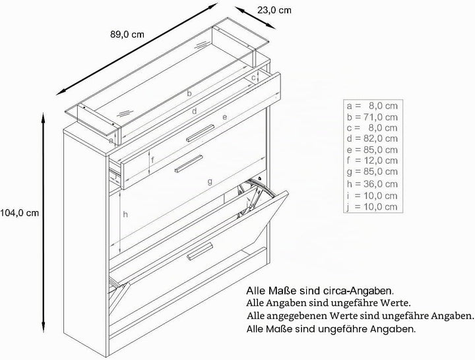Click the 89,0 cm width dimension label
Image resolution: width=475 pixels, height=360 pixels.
tap(127, 34)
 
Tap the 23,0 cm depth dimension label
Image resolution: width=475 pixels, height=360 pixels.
tap(274, 11)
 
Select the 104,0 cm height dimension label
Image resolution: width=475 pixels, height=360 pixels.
tap(20, 213)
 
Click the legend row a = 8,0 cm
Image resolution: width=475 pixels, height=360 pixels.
tap(372, 105)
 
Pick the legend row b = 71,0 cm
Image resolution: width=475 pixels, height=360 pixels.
tap(372, 117)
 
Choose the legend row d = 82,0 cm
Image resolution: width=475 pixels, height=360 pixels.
tap(372, 138)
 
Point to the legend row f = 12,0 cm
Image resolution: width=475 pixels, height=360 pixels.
tap(372, 160)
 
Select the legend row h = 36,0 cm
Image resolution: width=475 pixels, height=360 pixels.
tap(372, 184)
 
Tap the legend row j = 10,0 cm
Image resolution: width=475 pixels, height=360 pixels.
tap(372, 207)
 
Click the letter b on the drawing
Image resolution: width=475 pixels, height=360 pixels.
tap(189, 94)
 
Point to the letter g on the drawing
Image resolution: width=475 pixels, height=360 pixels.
tap(210, 182)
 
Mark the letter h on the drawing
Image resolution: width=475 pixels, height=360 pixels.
tap(125, 215)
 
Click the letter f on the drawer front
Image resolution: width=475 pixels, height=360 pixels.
tap(152, 160)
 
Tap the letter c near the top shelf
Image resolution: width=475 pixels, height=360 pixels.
tap(254, 78)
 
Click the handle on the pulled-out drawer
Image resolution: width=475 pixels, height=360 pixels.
tap(189, 164)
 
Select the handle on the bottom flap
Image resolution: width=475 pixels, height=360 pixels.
tap(200, 251)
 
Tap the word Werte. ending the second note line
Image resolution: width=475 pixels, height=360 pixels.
tap(395, 303)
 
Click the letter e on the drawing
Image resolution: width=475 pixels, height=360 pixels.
tap(224, 117)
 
